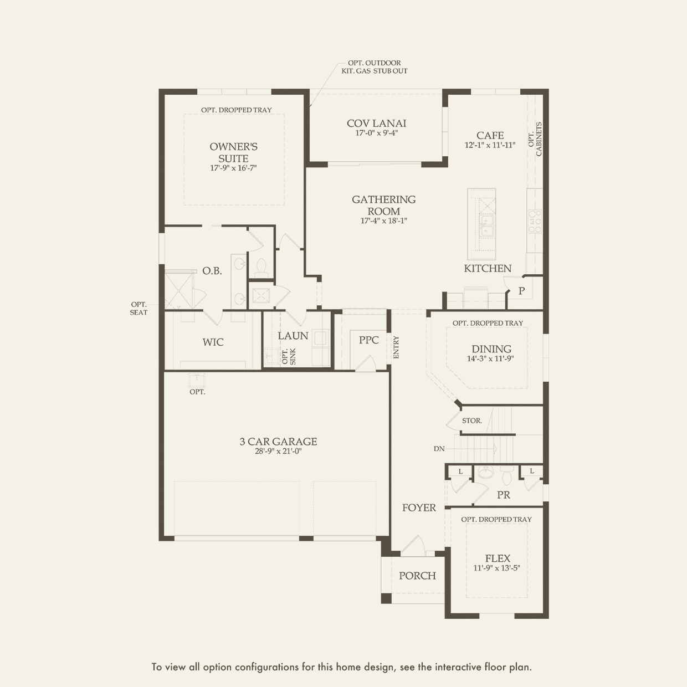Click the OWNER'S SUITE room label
[x=233, y=152]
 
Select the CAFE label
[x=490, y=136]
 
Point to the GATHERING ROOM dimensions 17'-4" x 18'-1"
[x=383, y=221]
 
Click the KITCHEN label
[x=488, y=269]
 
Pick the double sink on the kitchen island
[x=486, y=225]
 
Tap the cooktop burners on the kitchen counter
[x=535, y=222]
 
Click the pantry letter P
[x=521, y=291]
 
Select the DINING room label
[x=491, y=349]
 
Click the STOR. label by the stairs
[x=471, y=421]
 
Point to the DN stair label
[x=439, y=449]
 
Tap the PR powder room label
[x=504, y=495]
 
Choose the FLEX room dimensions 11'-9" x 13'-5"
[x=497, y=568]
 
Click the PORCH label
[x=418, y=576]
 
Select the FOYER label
[x=419, y=507]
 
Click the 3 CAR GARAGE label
[x=279, y=442]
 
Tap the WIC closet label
[x=213, y=342]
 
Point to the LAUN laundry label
[x=293, y=336]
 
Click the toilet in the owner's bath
[x=262, y=268]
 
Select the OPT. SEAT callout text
[x=139, y=309]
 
